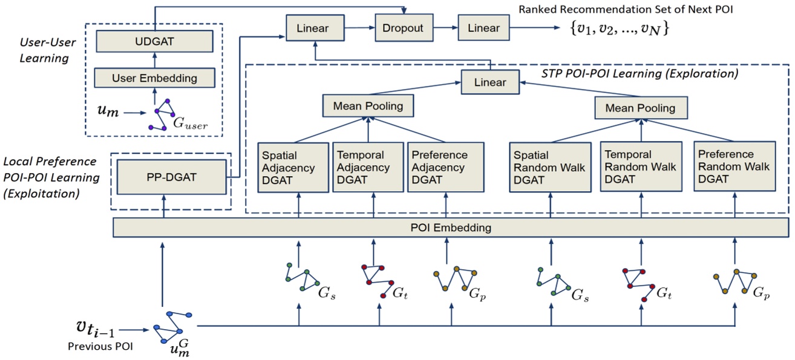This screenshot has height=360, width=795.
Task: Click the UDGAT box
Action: click(154, 42)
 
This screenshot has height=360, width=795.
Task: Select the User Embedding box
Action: click(154, 78)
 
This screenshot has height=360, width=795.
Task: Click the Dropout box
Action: click(403, 28)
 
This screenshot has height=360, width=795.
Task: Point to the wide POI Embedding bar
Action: click(451, 228)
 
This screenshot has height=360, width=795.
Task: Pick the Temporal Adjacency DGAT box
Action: click(368, 167)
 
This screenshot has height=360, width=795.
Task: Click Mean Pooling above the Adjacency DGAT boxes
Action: click(368, 106)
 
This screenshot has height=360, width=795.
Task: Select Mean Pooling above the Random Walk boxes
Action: click(640, 108)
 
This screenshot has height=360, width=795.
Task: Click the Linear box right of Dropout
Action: click(483, 28)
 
